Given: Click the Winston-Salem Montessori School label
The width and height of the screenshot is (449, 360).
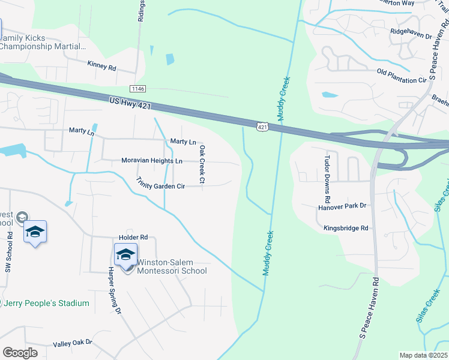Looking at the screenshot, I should tap(172, 266).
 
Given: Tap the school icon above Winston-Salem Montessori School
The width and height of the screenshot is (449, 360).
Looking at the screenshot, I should tap(125, 254).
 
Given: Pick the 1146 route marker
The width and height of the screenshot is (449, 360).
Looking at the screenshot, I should tap(138, 88).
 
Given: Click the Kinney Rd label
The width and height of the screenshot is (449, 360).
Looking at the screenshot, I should tap(101, 65).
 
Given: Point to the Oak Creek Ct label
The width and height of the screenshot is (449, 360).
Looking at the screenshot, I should tap(202, 164).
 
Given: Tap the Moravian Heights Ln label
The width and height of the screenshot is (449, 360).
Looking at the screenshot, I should tap(152, 161).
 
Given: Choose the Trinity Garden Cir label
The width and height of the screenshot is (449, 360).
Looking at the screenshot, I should tap(160, 184).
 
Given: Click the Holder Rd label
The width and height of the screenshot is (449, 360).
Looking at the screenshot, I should tap(133, 238).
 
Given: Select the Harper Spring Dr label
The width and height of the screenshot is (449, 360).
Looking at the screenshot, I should tap(114, 290).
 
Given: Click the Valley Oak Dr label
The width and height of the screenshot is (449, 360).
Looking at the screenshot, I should tap(73, 343).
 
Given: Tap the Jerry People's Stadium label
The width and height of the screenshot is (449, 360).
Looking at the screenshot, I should tap(46, 303).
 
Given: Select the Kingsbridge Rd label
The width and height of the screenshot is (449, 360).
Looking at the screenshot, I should tap(346, 228).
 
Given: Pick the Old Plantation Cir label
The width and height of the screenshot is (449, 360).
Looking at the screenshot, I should tap(402, 76).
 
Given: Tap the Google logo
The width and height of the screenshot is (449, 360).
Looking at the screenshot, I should tap(20, 353).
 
